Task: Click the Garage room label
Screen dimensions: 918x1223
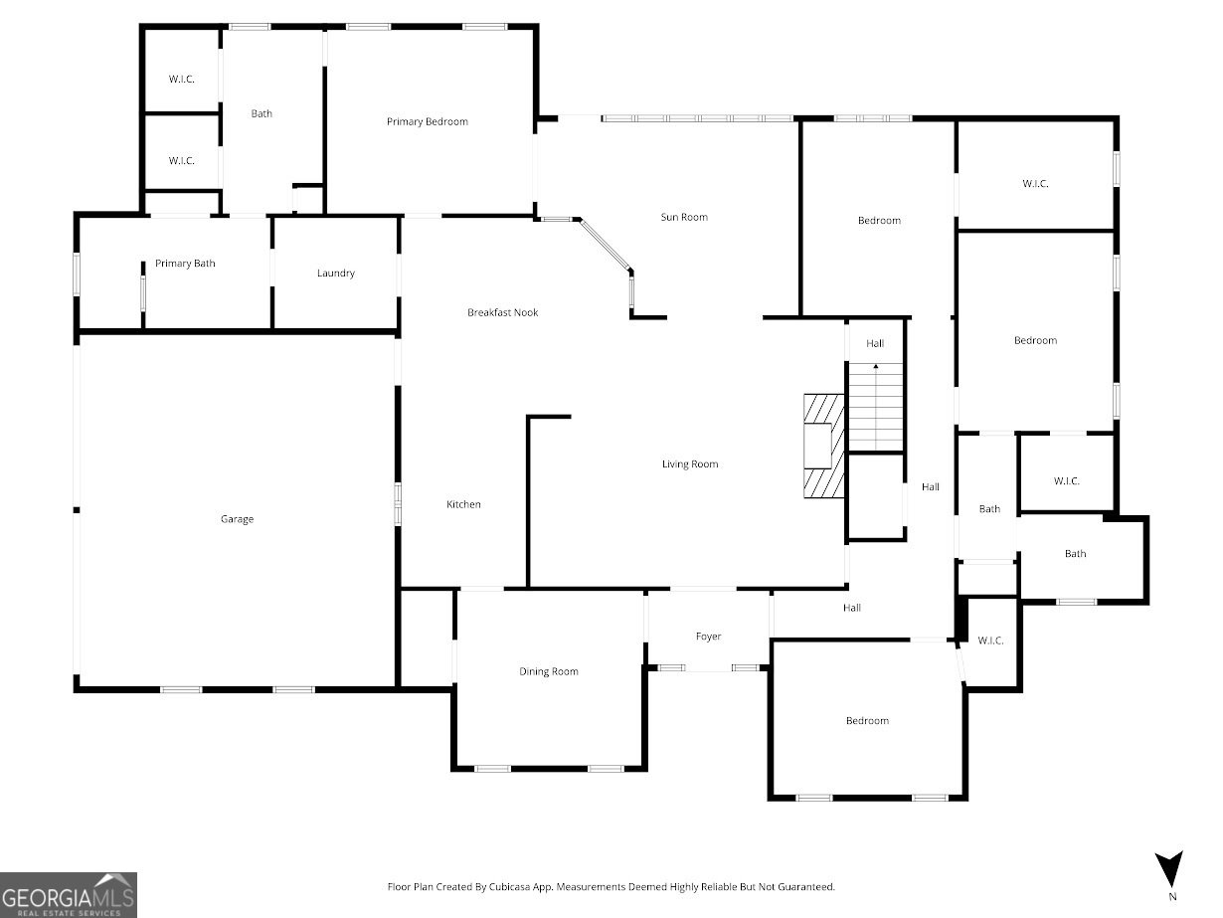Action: click(x=237, y=519)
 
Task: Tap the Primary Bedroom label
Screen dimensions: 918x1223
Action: click(x=427, y=122)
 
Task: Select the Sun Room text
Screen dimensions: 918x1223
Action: click(x=684, y=217)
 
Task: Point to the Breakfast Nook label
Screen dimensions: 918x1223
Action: click(x=502, y=313)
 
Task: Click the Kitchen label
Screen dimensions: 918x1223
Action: click(x=463, y=505)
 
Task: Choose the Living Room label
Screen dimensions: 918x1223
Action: click(x=690, y=464)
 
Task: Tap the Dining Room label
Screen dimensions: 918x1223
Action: click(x=548, y=672)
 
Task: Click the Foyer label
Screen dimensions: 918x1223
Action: click(x=708, y=637)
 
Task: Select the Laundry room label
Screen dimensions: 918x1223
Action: click(x=336, y=274)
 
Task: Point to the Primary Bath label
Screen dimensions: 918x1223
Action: click(x=185, y=264)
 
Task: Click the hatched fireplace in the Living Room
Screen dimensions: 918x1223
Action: click(x=824, y=446)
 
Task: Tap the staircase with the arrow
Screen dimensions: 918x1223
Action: click(x=875, y=408)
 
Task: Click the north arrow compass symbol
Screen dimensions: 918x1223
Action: click(x=1171, y=868)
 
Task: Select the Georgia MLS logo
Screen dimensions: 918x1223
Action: click(x=68, y=894)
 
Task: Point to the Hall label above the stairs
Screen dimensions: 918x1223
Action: click(x=875, y=344)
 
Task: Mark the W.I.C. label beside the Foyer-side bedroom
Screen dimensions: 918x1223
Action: click(x=990, y=641)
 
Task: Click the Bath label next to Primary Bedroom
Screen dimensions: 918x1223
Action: click(x=262, y=114)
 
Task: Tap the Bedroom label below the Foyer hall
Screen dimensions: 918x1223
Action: click(x=867, y=721)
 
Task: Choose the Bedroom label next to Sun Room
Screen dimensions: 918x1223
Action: click(x=879, y=221)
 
